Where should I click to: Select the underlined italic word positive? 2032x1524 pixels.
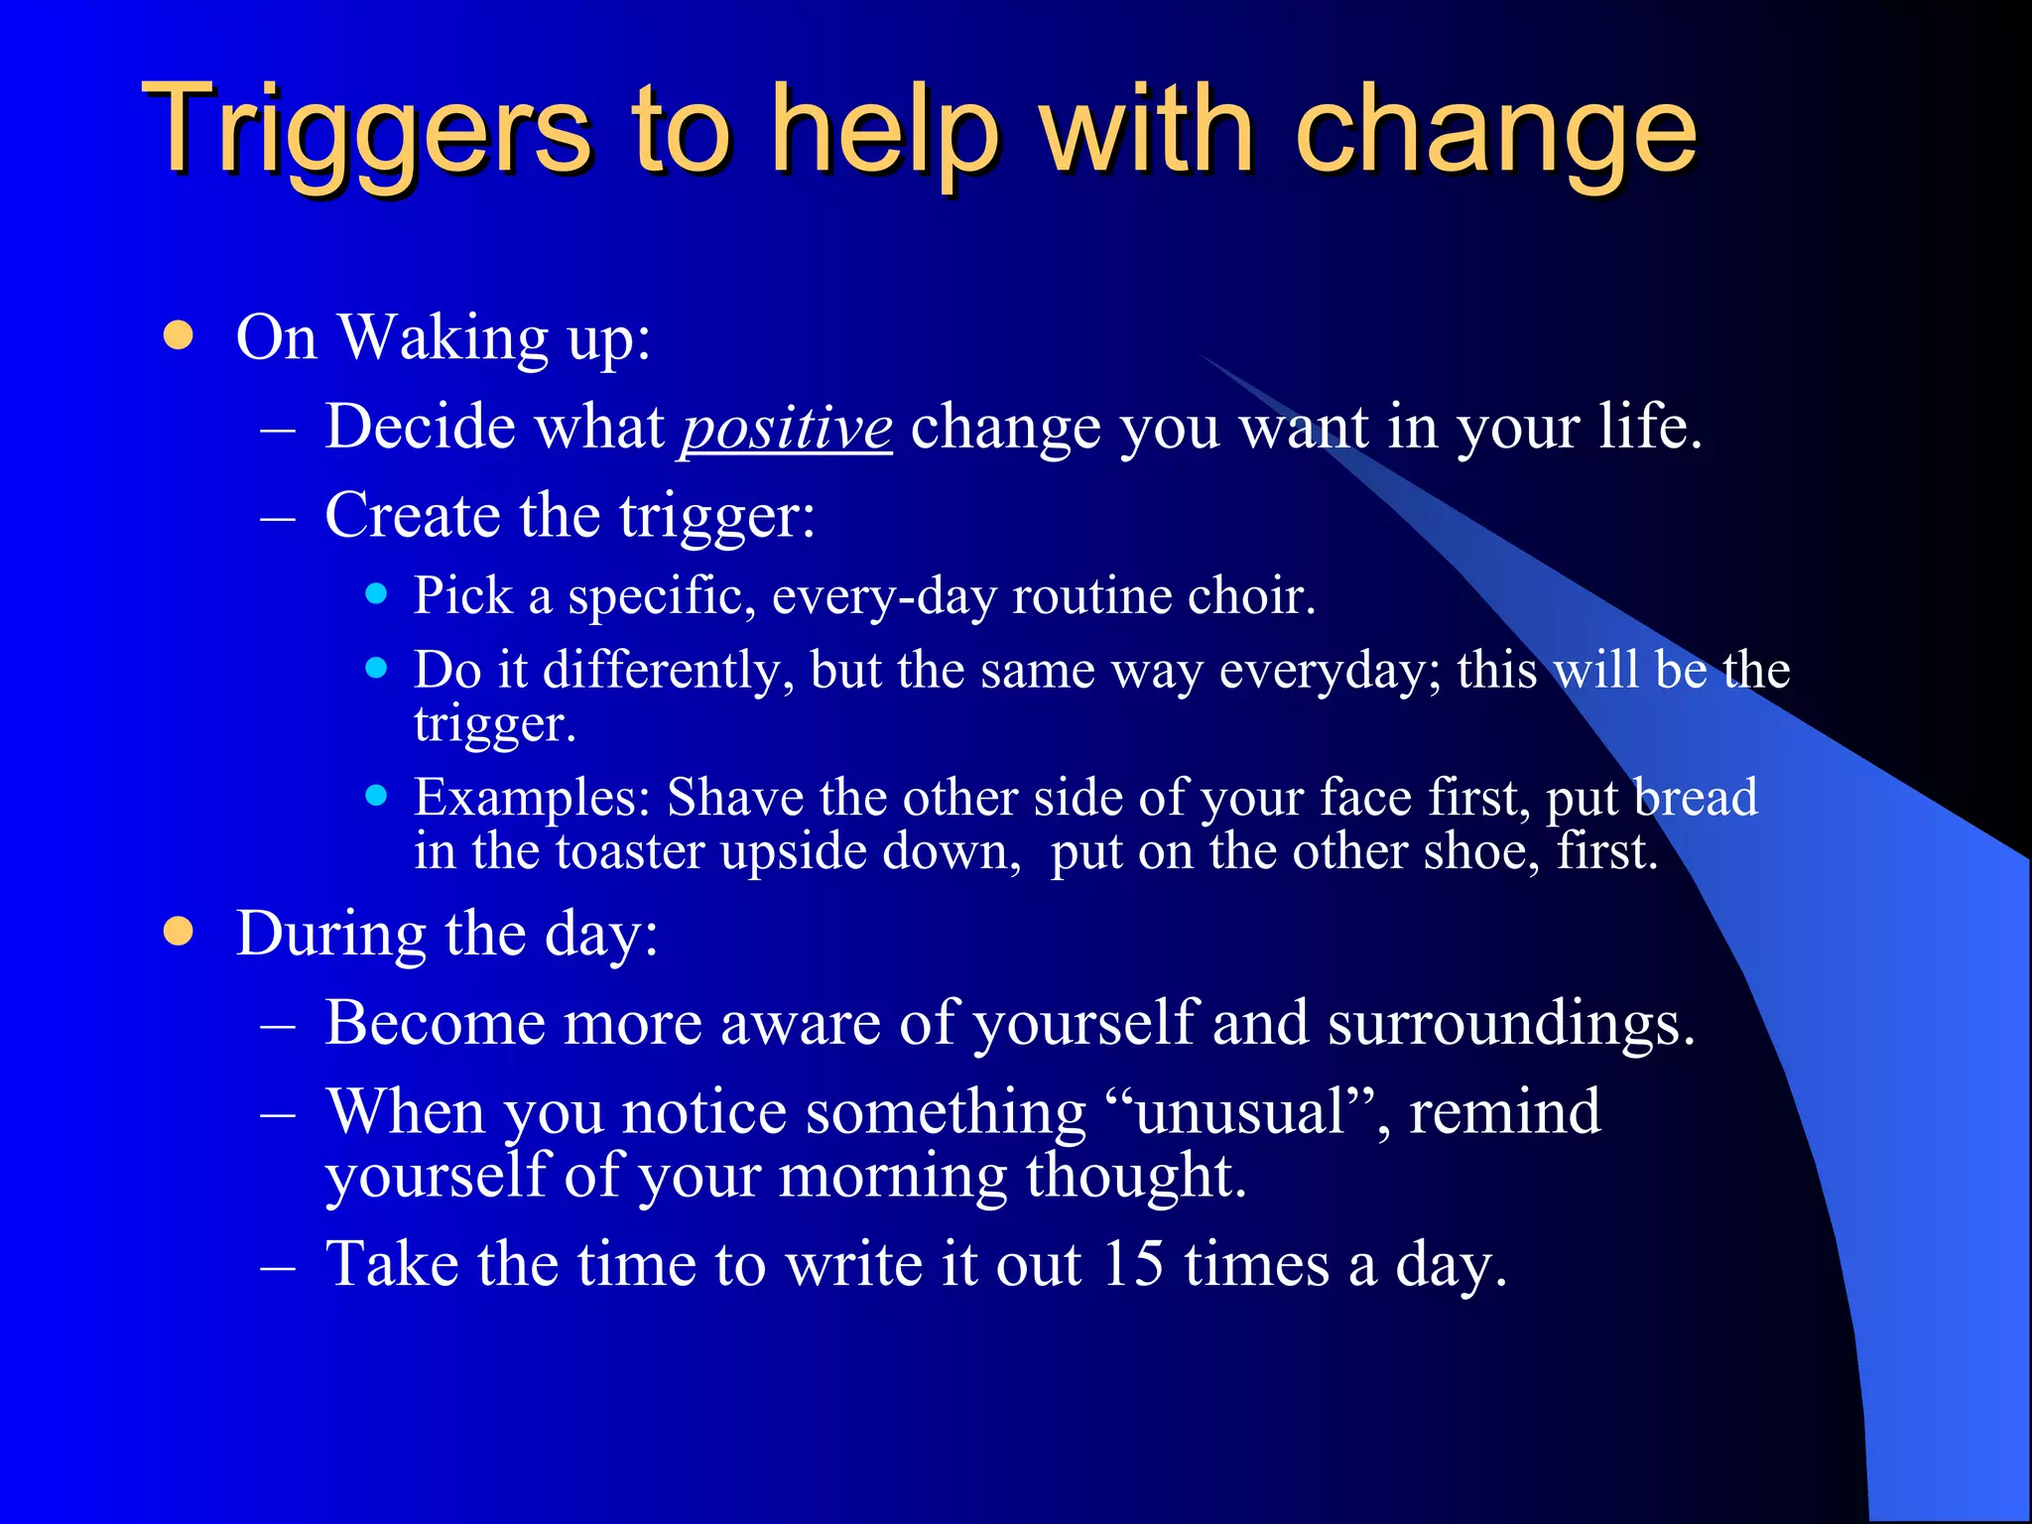pyautogui.click(x=786, y=429)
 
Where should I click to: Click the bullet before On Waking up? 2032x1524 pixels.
pyautogui.click(x=179, y=335)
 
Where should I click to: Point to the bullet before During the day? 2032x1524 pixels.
pyautogui.click(x=179, y=932)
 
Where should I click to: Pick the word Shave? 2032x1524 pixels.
pyautogui.click(x=734, y=797)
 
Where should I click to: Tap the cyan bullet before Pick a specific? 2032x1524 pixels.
pyautogui.click(x=375, y=594)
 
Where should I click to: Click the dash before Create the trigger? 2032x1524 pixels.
pyautogui.click(x=278, y=518)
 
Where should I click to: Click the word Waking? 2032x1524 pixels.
pyautogui.click(x=444, y=337)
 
